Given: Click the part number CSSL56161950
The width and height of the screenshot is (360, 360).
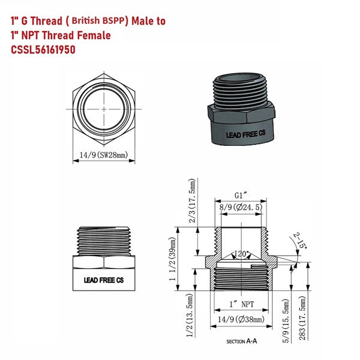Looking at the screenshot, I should (x=43, y=50).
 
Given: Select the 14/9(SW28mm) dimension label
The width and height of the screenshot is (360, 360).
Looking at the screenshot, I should (x=103, y=155).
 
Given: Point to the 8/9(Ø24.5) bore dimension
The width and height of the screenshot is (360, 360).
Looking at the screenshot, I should (x=242, y=207).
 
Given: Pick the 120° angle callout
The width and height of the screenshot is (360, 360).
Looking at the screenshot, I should (x=242, y=253).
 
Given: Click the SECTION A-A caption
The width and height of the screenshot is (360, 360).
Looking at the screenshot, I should (x=242, y=341).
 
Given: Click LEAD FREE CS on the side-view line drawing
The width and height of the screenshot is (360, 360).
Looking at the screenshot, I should (x=103, y=280).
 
